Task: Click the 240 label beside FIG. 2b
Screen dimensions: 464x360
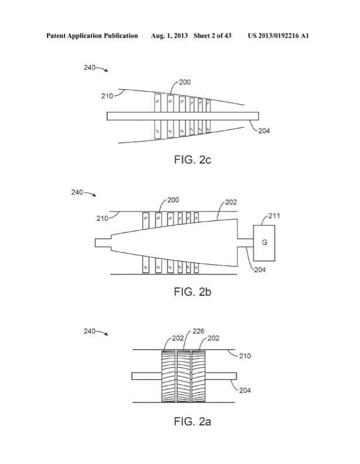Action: point(79,192)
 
